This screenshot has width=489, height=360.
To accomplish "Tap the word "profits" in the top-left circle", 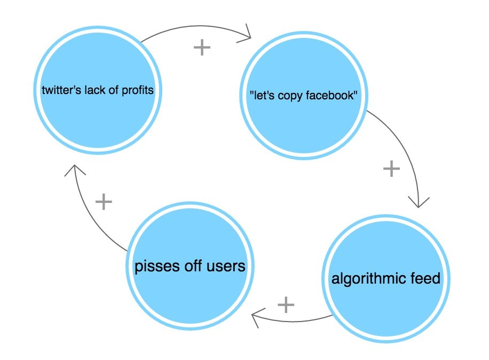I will tap(137, 90).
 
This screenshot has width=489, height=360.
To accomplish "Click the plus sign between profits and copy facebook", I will tap(202, 48).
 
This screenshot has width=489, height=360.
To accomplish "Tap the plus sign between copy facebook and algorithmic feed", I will tap(391, 169).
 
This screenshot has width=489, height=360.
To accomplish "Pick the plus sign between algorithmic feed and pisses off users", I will tap(286, 305).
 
